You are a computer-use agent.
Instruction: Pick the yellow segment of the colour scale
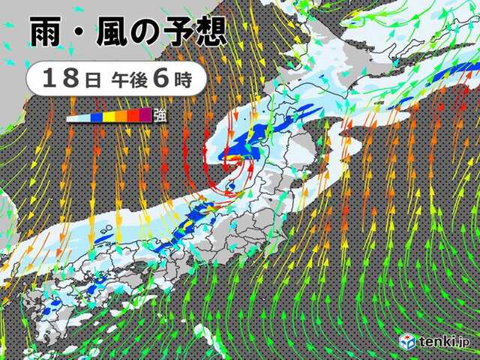[109, 116]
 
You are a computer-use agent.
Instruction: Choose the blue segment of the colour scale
[97, 116]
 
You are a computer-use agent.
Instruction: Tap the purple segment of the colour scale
[145, 116]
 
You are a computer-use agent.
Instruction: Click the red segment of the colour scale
[133, 116]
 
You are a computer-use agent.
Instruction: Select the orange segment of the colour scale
[121, 116]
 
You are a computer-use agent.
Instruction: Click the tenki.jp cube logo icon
[406, 342]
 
